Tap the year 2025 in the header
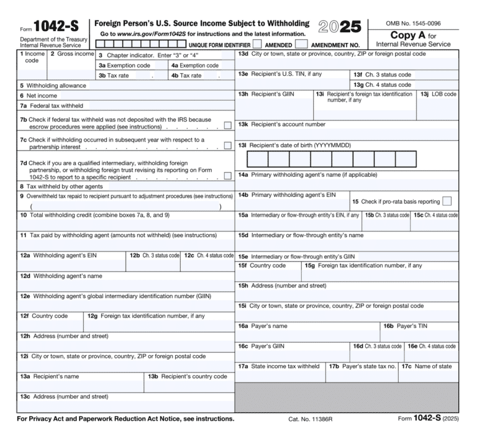tap(339, 27)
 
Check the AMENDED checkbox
tap(257, 45)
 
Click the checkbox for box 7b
tap(227, 125)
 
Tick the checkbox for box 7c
tap(227, 146)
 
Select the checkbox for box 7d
tap(227, 176)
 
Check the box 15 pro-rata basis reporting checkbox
tap(447, 201)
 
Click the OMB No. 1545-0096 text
tap(413, 23)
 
